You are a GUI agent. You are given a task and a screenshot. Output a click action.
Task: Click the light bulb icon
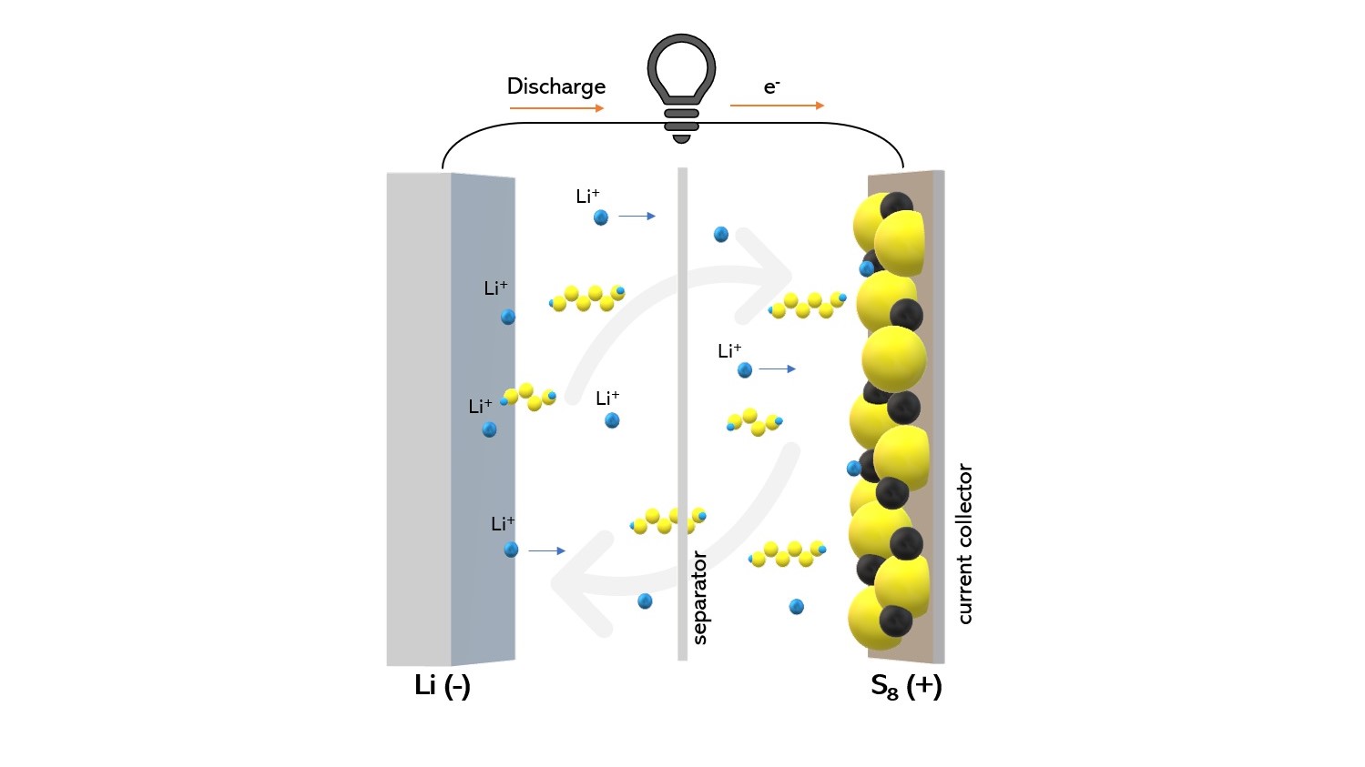tap(681, 86)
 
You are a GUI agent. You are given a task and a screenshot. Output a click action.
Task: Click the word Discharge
tap(555, 86)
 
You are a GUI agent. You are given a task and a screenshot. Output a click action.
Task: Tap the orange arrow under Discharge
tap(556, 108)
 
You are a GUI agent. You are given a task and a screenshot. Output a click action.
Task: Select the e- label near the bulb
tap(771, 86)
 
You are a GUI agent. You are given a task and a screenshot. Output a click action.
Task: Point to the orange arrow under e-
tap(777, 106)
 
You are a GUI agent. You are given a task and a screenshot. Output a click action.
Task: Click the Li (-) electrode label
tap(442, 685)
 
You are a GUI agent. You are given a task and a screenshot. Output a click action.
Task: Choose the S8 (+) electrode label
tap(905, 686)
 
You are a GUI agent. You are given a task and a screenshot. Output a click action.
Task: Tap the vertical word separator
tap(699, 597)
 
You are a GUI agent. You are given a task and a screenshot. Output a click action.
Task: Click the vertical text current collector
tap(964, 544)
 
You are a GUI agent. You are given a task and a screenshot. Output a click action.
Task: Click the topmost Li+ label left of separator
tap(587, 196)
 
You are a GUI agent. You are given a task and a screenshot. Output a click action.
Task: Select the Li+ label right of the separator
tap(729, 350)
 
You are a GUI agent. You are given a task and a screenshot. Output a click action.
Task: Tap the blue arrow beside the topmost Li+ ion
tap(637, 217)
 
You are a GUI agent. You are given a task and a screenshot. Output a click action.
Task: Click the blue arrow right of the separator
tap(778, 368)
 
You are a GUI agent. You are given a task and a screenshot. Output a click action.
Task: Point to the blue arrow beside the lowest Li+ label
tap(546, 550)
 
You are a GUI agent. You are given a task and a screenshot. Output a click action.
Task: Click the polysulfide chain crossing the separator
tap(668, 520)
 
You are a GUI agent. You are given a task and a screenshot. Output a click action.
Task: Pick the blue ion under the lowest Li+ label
tap(511, 550)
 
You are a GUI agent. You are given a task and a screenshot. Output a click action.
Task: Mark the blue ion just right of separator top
tap(721, 235)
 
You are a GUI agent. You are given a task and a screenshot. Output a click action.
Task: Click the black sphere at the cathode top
tap(896, 207)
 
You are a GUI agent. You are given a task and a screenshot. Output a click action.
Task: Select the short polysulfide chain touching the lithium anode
tap(529, 397)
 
